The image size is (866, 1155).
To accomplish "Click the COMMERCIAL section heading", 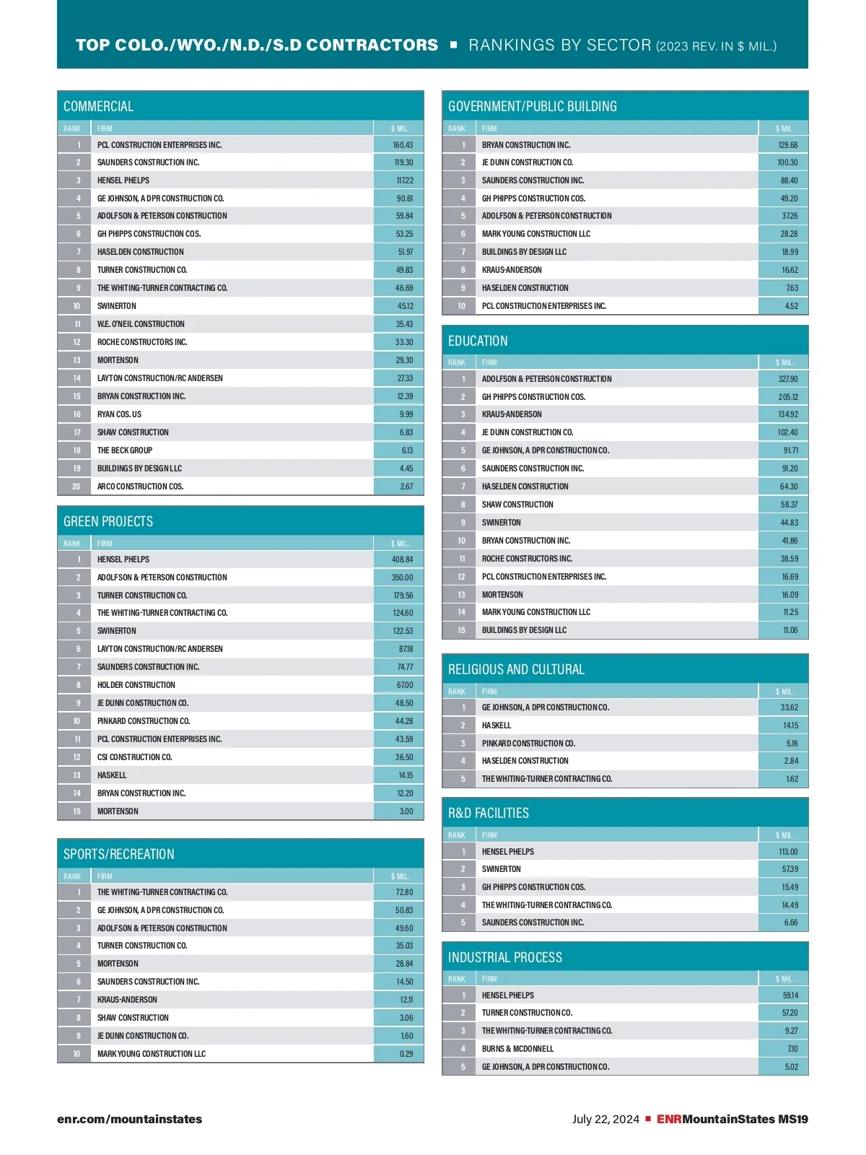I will pyautogui.click(x=99, y=106).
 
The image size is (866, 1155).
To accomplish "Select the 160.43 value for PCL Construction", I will pyautogui.click(x=403, y=145).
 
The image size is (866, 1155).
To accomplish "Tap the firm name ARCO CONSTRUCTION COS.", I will pyautogui.click(x=141, y=487).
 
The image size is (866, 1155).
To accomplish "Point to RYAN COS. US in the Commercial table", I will pyautogui.click(x=120, y=414).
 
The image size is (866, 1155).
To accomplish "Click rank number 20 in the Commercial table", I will pyautogui.click(x=76, y=487).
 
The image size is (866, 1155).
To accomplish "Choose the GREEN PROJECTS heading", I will pyautogui.click(x=108, y=521).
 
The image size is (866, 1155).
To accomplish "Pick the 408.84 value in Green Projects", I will pyautogui.click(x=403, y=559).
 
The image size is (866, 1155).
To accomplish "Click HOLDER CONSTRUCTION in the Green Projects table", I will pyautogui.click(x=136, y=685).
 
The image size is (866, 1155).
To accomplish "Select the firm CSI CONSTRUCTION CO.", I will pyautogui.click(x=135, y=757).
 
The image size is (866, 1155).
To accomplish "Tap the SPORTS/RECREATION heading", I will pyautogui.click(x=119, y=854).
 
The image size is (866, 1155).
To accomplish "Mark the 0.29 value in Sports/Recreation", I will pyautogui.click(x=406, y=1054).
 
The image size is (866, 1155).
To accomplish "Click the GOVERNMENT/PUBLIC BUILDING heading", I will pyautogui.click(x=533, y=106).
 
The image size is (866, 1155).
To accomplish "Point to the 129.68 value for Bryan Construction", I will pyautogui.click(x=788, y=145).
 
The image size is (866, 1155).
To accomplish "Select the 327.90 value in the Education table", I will pyautogui.click(x=788, y=379).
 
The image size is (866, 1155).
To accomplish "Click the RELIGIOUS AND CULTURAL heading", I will pyautogui.click(x=516, y=669).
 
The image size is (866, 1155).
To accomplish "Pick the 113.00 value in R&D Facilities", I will pyautogui.click(x=788, y=852).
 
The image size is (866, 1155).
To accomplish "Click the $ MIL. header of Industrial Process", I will pyautogui.click(x=784, y=979).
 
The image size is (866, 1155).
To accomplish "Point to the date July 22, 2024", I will pyautogui.click(x=605, y=1120).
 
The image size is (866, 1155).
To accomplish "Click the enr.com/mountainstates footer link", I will pyautogui.click(x=130, y=1120).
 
